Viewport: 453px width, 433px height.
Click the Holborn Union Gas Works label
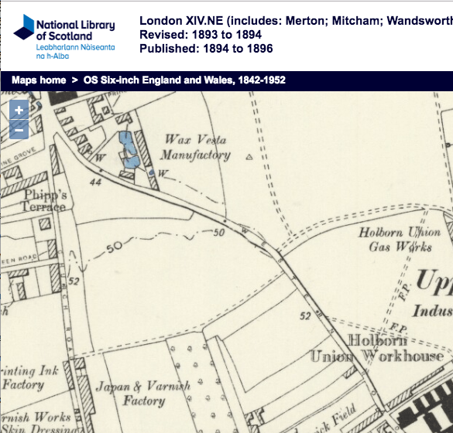click(400, 239)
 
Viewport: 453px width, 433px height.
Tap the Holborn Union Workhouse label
click(377, 349)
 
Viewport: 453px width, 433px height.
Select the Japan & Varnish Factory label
click(130, 394)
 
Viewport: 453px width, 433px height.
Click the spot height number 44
click(96, 182)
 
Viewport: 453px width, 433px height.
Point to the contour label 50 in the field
click(115, 247)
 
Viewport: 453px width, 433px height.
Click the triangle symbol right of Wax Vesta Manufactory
click(249, 156)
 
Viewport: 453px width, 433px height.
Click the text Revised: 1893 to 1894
click(200, 36)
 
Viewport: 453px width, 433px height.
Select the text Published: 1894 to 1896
click(206, 49)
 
